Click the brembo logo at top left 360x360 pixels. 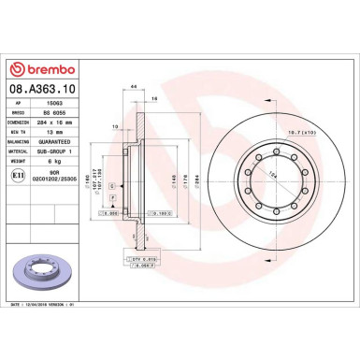pyautogui.click(x=36, y=69)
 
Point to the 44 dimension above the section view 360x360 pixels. pyautogui.click(x=136, y=86)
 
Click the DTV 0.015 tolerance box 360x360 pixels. pyautogui.click(x=142, y=258)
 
